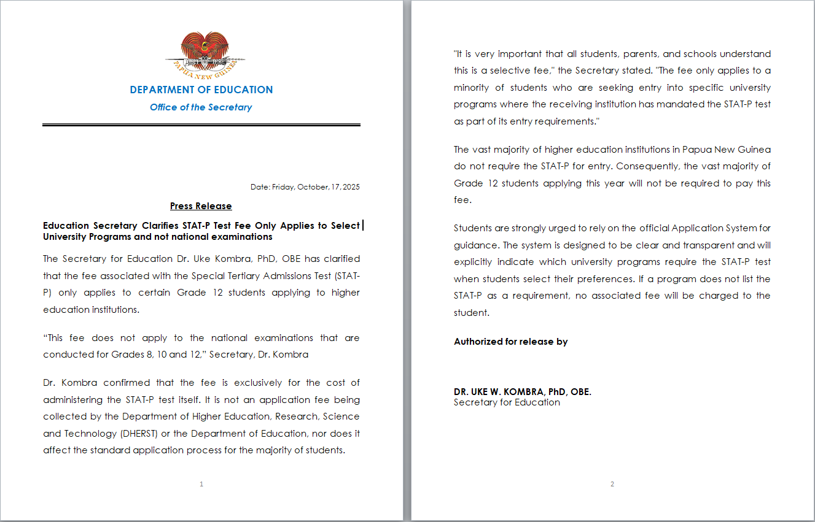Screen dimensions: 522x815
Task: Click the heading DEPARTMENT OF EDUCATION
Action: pyautogui.click(x=201, y=90)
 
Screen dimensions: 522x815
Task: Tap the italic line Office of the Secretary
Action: pyautogui.click(x=201, y=107)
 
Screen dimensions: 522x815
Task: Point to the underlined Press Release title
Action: pyautogui.click(x=201, y=206)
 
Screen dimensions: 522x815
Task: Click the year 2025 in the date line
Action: pyautogui.click(x=351, y=187)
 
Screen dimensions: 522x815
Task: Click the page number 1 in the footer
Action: pyautogui.click(x=201, y=484)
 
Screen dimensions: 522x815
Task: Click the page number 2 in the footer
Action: pyautogui.click(x=612, y=484)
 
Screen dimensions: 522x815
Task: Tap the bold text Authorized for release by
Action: pyautogui.click(x=510, y=342)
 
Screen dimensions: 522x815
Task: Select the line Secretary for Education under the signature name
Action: pyautogui.click(x=507, y=402)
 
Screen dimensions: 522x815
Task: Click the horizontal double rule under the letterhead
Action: pyautogui.click(x=201, y=125)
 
